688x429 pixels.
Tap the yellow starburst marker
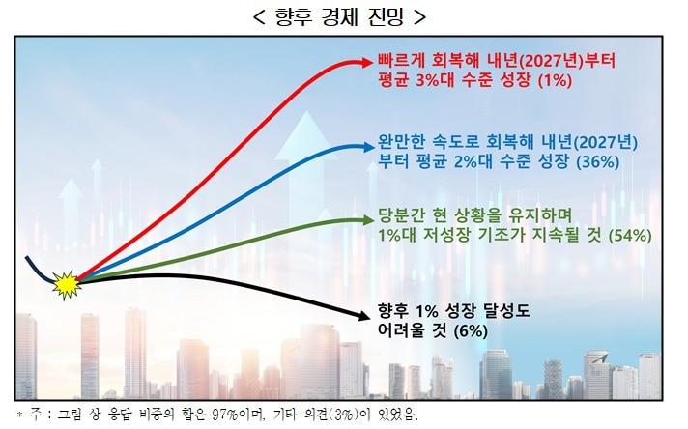pos(66,283)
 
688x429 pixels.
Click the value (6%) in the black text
pos(468,330)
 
